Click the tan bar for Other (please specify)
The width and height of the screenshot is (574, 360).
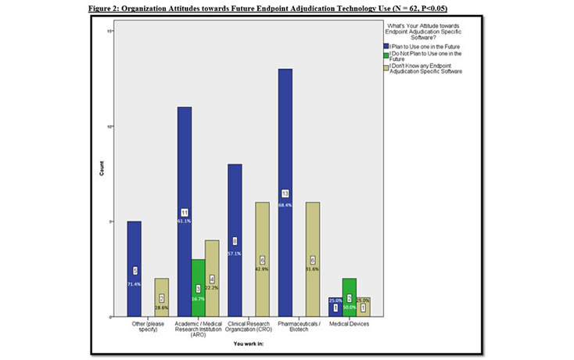(161, 297)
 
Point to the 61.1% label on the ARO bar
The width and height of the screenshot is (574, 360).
(185, 221)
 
